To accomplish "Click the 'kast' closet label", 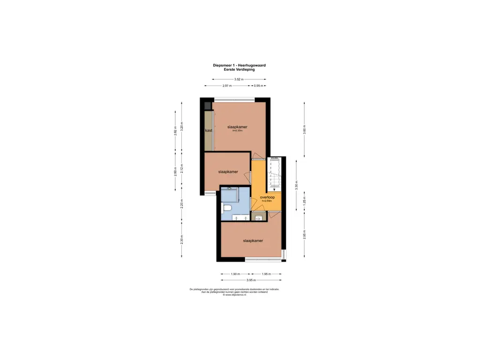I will tap(209, 130).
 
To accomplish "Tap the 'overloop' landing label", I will tap(267, 197).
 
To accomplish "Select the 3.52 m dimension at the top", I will tap(239, 80).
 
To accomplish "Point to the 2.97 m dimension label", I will tap(227, 86).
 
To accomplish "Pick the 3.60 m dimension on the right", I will tap(304, 130).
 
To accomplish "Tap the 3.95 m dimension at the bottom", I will tap(251, 280).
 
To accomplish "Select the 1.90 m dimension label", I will tap(235, 274).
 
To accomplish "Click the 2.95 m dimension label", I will tap(304, 233).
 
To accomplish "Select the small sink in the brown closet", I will tap(258, 217).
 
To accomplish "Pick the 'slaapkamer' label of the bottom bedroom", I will tap(253, 240).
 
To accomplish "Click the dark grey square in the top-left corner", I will tap(208, 105).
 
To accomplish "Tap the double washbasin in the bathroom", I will tap(237, 218).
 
